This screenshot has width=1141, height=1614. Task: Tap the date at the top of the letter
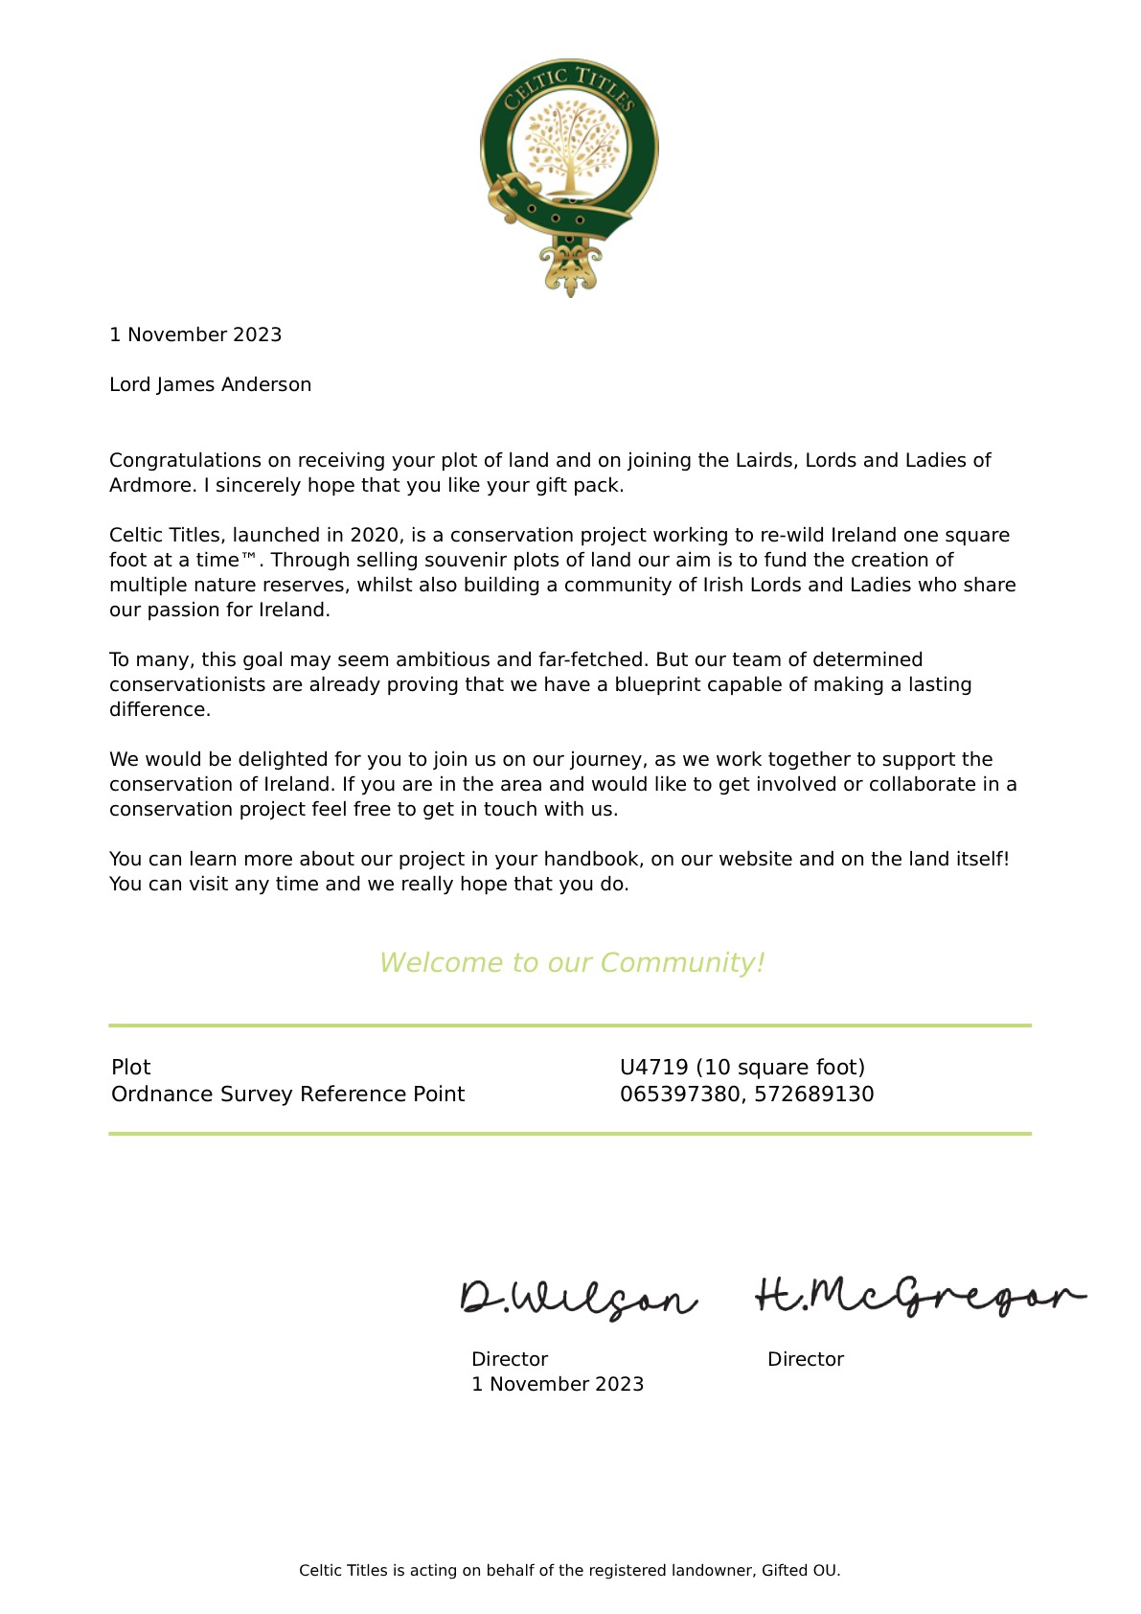tap(195, 335)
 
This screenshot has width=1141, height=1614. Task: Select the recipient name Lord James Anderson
tap(210, 385)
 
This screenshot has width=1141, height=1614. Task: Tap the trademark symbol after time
tap(249, 558)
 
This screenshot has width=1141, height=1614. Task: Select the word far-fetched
tap(590, 660)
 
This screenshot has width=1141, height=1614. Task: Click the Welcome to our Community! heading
tap(572, 963)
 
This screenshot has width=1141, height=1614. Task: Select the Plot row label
tap(131, 1068)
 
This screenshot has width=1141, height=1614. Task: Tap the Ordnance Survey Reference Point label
tap(287, 1095)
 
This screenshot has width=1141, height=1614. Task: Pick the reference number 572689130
tap(813, 1095)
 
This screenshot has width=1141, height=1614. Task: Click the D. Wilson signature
tap(578, 1298)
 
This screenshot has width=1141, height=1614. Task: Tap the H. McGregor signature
tap(920, 1296)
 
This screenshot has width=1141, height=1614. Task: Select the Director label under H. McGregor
tap(805, 1360)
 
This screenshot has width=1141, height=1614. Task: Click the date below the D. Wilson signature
tap(557, 1385)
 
